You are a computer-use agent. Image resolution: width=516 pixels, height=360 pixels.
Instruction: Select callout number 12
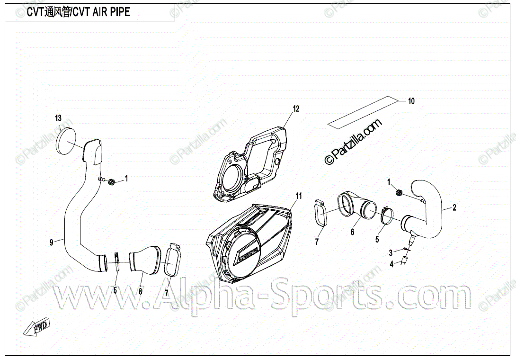pyautogui.click(x=296, y=109)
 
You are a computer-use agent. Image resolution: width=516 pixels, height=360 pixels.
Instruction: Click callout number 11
pyautogui.click(x=299, y=195)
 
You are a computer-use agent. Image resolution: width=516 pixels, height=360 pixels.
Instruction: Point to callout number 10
pyautogui.click(x=411, y=101)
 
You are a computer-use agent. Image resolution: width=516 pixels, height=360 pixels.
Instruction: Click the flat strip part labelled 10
pyautogui.click(x=362, y=112)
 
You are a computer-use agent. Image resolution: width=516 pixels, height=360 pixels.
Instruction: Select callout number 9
pyautogui.click(x=51, y=242)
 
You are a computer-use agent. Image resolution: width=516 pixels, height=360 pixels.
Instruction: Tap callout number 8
pyautogui.click(x=140, y=292)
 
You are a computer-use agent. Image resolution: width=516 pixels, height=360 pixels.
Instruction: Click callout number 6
pyautogui.click(x=352, y=232)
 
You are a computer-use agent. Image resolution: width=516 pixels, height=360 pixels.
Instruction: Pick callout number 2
pyautogui.click(x=454, y=207)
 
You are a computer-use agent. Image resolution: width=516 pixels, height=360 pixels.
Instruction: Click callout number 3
pyautogui.click(x=391, y=252)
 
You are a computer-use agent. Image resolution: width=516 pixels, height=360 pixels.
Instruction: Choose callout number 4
pyautogui.click(x=391, y=264)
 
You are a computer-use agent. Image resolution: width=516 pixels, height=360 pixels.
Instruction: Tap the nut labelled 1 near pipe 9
pyautogui.click(x=112, y=181)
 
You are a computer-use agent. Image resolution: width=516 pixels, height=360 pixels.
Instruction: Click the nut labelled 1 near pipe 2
pyautogui.click(x=399, y=192)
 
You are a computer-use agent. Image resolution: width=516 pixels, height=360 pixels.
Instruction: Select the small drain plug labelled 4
pyautogui.click(x=405, y=260)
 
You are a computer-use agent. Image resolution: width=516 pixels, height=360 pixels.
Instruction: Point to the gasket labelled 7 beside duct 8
pyautogui.click(x=171, y=260)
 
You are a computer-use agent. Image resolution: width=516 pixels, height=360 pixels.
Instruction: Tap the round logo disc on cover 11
pyautogui.click(x=243, y=252)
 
